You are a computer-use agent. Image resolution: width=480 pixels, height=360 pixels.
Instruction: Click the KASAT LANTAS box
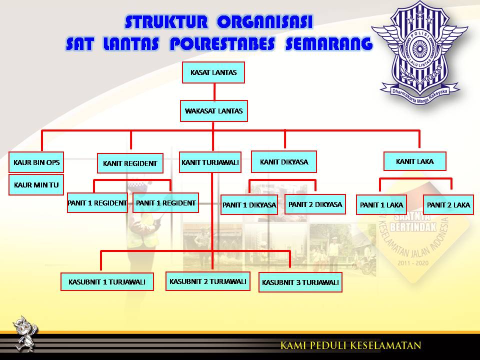pos(213,72)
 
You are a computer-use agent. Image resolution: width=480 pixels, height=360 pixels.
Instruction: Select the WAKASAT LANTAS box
pos(214,111)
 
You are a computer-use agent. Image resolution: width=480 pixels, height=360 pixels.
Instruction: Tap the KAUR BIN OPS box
pos(36,162)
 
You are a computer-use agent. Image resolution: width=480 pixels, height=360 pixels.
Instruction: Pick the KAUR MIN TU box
pos(36,185)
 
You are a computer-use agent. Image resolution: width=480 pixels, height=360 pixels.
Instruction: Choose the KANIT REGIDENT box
pos(130,163)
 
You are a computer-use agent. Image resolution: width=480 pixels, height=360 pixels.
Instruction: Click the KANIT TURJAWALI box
pos(210,162)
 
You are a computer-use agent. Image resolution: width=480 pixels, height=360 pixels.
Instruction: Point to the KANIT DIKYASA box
pos(284,162)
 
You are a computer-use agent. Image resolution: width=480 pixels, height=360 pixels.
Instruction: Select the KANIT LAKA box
pos(414,161)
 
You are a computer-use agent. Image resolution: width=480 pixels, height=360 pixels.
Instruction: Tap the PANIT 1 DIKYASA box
pos(249,205)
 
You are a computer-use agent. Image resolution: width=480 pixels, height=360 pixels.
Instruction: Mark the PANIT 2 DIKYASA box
pos(315,204)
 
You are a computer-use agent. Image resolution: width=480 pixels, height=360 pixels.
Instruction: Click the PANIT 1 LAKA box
pos(381,205)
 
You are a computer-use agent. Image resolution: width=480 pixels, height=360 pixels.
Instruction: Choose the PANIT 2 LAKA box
pos(448,205)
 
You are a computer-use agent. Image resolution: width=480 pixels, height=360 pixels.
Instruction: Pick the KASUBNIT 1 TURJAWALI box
pos(106,282)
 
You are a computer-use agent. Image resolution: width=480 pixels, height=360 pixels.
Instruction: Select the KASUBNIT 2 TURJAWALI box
pos(208,281)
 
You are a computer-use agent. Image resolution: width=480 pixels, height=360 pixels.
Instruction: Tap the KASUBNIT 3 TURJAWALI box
pos(300,282)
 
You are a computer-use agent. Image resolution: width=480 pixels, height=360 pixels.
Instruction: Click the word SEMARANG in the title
pos(328,44)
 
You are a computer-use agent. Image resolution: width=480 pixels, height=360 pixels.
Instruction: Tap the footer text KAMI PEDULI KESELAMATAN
pos(350,345)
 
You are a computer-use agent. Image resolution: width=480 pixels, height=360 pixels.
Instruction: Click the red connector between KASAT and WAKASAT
pos(214,92)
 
